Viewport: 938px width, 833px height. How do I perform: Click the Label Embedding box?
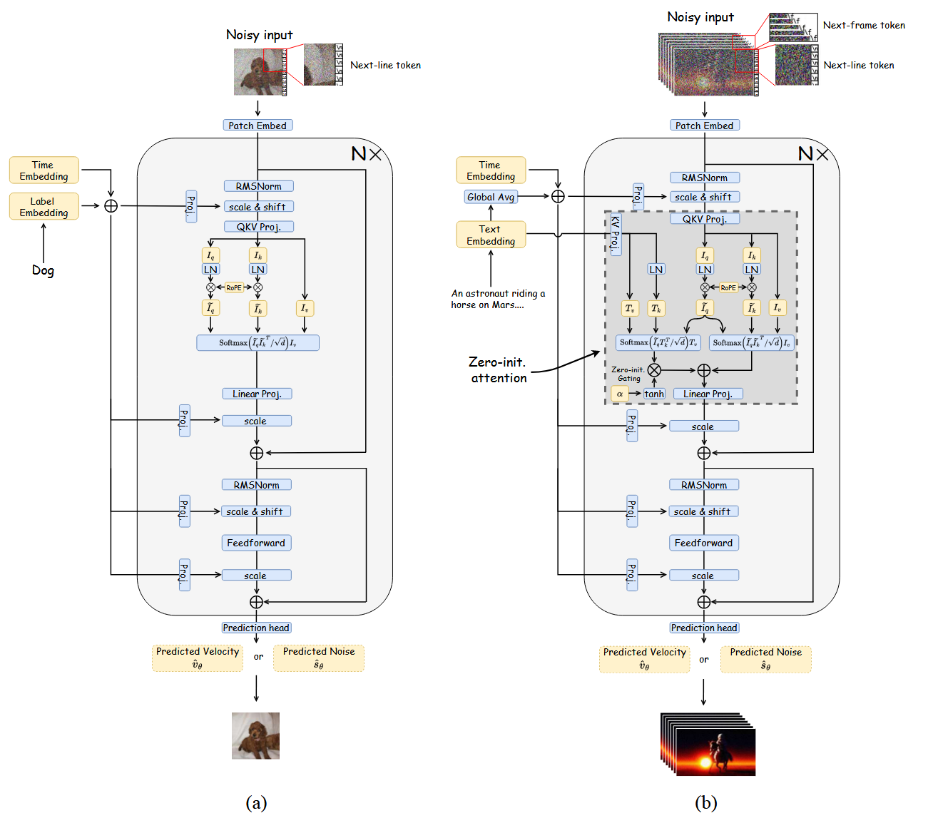(x=44, y=207)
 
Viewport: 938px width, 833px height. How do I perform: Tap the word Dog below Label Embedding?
(x=43, y=270)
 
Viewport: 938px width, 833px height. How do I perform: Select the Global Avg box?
(x=491, y=197)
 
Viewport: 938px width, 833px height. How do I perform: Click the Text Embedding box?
(x=491, y=235)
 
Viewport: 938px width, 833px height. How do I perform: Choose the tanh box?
(x=654, y=394)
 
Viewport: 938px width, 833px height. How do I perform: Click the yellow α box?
(x=620, y=394)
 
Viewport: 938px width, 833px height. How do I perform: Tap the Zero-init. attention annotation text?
(x=498, y=370)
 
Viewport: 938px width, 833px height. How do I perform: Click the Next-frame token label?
(x=864, y=25)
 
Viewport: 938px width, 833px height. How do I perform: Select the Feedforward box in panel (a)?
(x=256, y=543)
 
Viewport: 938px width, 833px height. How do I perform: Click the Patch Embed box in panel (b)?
(x=705, y=126)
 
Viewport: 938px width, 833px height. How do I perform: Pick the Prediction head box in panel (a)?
(x=256, y=628)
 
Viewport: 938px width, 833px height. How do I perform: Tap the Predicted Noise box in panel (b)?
(x=765, y=659)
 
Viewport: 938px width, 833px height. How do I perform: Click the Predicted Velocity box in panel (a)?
(x=198, y=658)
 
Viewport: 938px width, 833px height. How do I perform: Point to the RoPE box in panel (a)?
(x=234, y=287)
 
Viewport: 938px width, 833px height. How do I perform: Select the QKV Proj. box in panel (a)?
(x=258, y=227)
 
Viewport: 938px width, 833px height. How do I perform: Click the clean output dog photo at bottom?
(x=255, y=735)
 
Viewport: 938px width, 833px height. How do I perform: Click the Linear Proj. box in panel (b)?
(x=708, y=394)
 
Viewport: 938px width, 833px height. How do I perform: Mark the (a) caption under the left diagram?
(x=256, y=803)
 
